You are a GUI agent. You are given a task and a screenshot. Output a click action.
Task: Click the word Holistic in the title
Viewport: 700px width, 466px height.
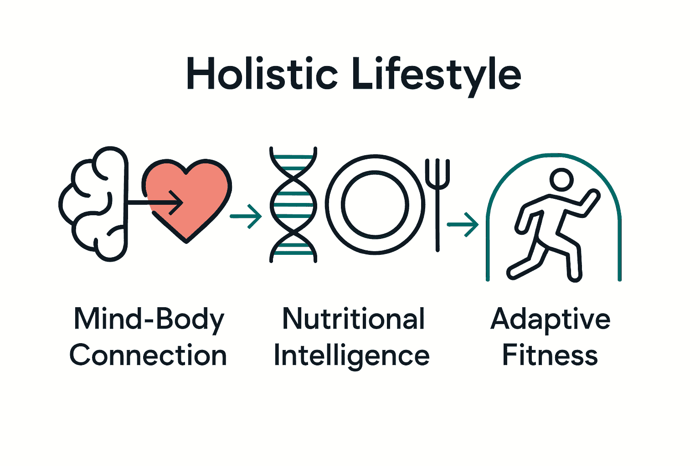point(262,74)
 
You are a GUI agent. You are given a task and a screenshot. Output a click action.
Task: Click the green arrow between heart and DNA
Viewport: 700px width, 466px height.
point(246,216)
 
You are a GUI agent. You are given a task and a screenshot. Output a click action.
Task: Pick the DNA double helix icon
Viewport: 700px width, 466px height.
point(293,205)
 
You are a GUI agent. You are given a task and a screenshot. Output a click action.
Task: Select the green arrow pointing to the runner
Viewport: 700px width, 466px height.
point(463,224)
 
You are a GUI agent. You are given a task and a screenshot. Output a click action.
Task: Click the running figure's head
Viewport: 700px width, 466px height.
point(561,180)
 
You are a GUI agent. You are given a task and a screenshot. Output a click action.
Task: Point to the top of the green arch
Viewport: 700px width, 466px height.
point(553,155)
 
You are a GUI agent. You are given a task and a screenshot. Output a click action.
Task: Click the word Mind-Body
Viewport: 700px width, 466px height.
point(149,320)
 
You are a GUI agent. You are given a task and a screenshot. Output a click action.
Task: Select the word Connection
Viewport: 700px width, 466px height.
point(148,355)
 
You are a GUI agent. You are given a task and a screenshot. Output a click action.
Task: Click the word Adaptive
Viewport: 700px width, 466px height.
point(551,320)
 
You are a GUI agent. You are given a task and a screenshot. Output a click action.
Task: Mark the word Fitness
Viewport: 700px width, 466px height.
point(550,355)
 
